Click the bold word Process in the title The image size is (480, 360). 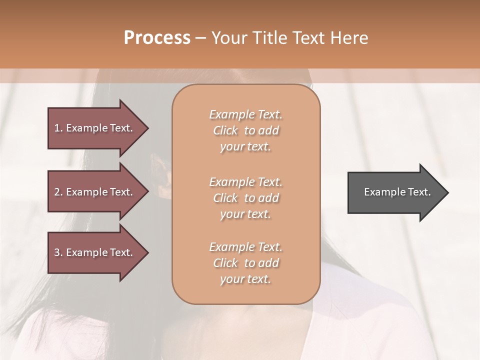pos(157,38)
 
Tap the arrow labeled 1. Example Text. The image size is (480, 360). pos(95,128)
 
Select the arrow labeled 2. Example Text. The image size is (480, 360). pos(95,192)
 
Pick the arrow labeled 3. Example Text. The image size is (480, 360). pos(95,252)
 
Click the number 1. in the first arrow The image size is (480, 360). pos(58,128)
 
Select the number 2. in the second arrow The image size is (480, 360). pos(58,192)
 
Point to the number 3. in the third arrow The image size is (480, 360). pos(58,252)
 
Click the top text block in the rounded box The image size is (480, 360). pos(245,130)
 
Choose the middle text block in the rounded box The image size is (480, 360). pos(245,198)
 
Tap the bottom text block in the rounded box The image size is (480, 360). pos(245,263)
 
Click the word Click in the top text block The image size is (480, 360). pos(225,130)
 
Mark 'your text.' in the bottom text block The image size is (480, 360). pos(245,279)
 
